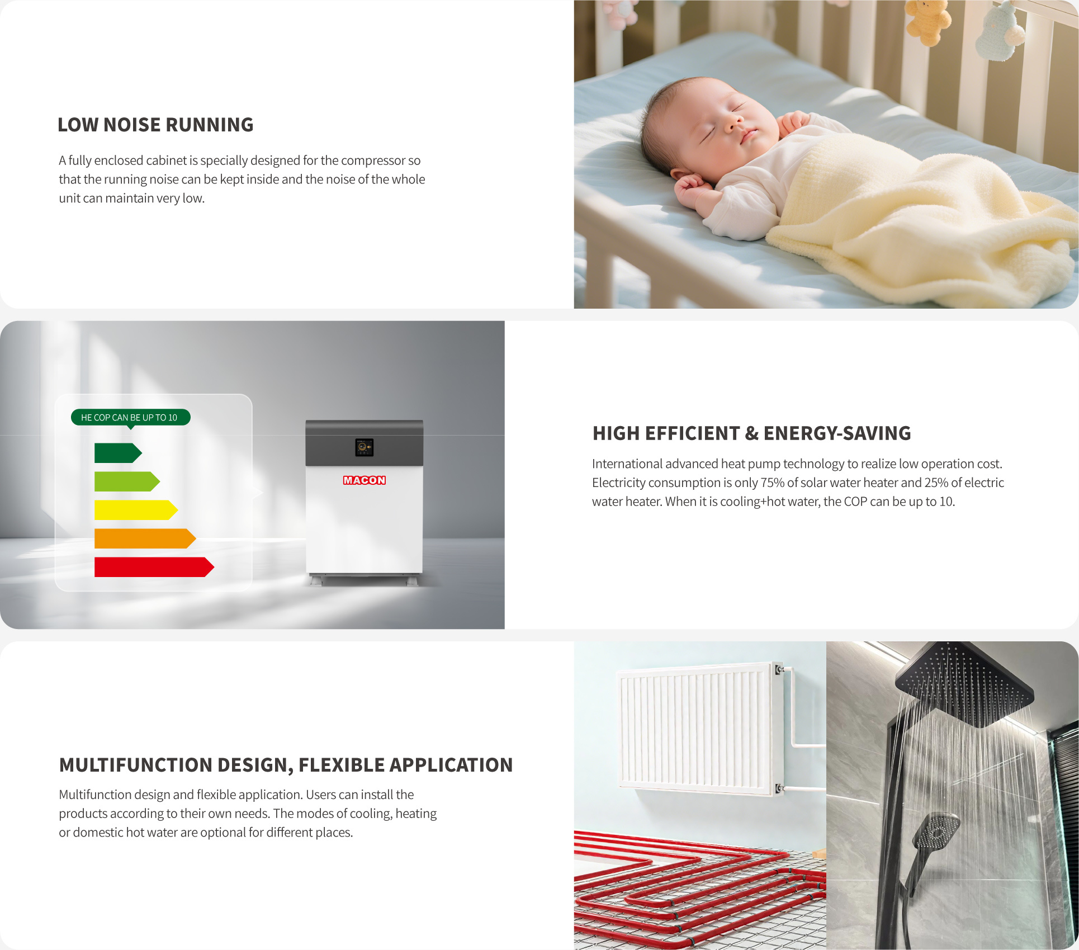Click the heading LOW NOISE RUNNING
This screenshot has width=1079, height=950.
[x=155, y=125]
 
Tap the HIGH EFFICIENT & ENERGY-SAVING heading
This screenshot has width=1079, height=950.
[x=751, y=433]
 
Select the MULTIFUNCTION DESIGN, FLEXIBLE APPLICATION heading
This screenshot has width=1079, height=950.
[x=286, y=765]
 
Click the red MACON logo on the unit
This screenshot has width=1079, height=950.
[x=364, y=480]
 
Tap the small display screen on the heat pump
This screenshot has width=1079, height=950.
[x=364, y=447]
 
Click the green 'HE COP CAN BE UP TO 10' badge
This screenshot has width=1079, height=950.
[x=131, y=418]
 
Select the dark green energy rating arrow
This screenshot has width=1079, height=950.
[x=118, y=453]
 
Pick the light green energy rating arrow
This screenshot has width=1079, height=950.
[x=127, y=481]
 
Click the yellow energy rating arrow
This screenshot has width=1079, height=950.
[x=136, y=510]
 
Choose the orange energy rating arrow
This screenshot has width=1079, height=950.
[x=145, y=538]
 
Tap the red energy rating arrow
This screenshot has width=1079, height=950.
[x=154, y=567]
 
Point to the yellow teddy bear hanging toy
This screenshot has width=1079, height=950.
[x=928, y=22]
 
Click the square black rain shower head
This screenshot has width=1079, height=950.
[x=964, y=683]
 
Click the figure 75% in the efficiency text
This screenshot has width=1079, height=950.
[x=773, y=483]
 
